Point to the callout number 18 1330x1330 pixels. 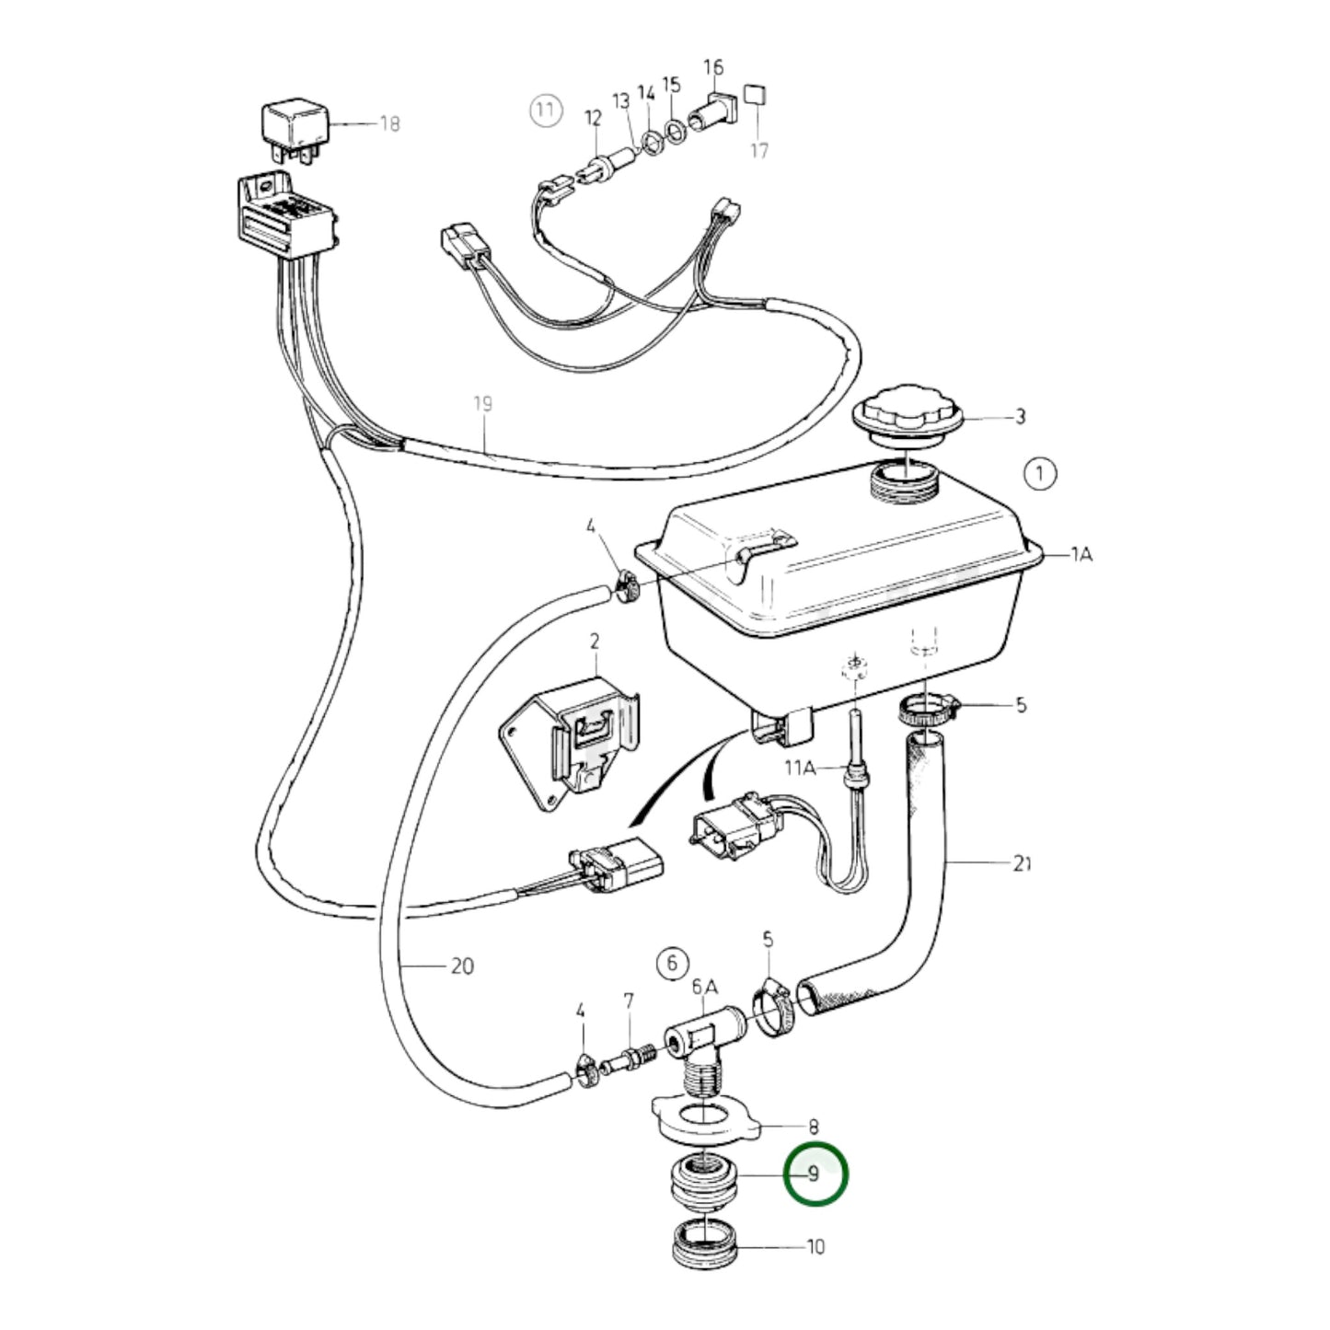(390, 123)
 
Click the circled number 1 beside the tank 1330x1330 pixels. (1040, 474)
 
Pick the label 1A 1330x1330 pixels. (1081, 554)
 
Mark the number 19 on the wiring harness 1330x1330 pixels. (482, 403)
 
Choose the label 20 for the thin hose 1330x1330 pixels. (462, 966)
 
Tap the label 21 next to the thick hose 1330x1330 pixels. (1022, 862)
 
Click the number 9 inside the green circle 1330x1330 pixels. (814, 1174)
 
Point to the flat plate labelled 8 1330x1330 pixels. (704, 1116)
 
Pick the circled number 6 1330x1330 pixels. (672, 964)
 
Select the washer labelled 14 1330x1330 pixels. (652, 142)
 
